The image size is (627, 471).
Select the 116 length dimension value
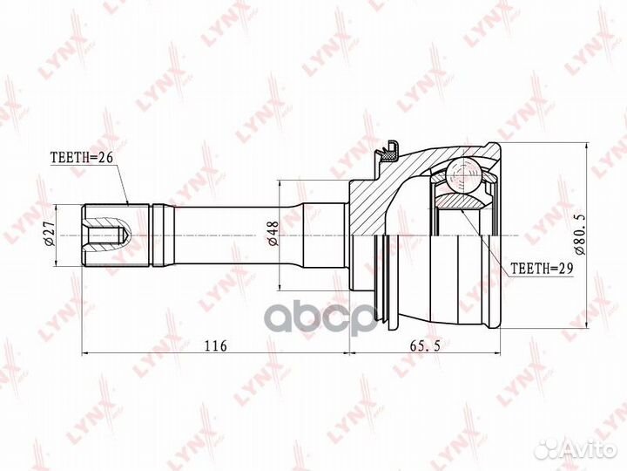coord(215,346)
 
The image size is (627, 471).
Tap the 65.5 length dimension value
coord(424,346)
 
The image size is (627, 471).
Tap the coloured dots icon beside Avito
coord(547,449)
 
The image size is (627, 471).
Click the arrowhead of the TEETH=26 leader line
coord(127,203)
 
